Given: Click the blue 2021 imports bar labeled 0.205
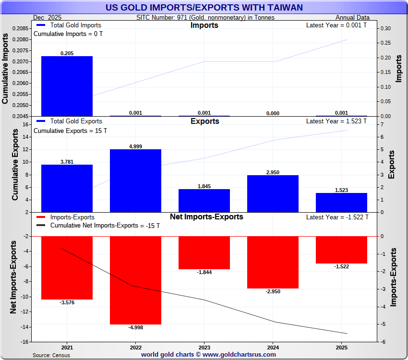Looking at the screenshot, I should [67, 86].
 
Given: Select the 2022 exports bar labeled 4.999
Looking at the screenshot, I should [135, 180].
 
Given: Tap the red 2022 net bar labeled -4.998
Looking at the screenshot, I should [135, 280].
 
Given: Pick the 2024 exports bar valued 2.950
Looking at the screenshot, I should [273, 193].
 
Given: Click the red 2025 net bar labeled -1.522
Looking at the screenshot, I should [341, 250].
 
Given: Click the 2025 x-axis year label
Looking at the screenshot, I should [341, 347].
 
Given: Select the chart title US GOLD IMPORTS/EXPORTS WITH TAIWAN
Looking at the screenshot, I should [204, 7].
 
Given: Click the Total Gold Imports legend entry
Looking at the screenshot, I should [75, 25].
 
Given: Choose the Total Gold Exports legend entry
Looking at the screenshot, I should [76, 121].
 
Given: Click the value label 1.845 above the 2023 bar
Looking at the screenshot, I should [204, 186].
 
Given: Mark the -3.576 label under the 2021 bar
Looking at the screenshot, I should [67, 302].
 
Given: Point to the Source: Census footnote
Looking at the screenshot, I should [51, 355].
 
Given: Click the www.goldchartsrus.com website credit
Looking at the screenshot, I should [208, 355].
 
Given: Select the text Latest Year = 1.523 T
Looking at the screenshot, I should [336, 121].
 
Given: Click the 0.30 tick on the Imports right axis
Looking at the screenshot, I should [385, 29].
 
